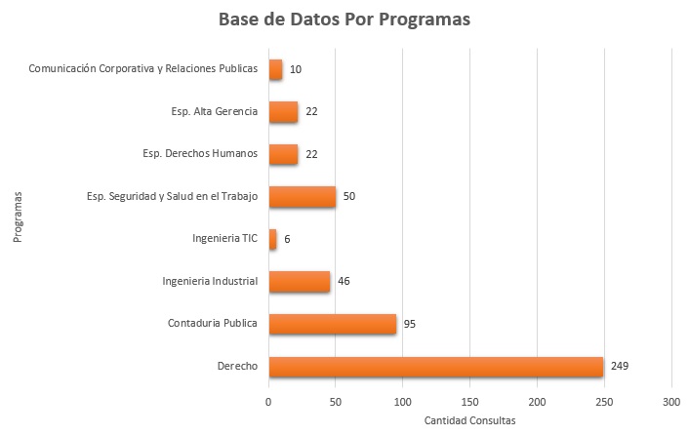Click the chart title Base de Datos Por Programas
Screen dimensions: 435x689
[344, 20]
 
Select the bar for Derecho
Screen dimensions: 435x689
[436, 367]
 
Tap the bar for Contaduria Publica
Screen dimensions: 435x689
[332, 324]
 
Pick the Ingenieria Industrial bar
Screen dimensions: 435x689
[299, 281]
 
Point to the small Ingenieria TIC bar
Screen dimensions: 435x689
[272, 239]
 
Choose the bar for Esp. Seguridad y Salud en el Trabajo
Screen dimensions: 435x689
[302, 196]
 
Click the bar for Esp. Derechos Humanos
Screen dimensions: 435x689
[283, 154]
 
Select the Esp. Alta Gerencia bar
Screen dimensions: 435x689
[283, 111]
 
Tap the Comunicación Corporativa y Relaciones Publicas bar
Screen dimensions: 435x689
[275, 69]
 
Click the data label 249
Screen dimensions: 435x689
[621, 367]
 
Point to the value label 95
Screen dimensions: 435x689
[410, 324]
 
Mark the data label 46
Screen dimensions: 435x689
[344, 281]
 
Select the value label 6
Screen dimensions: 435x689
[287, 239]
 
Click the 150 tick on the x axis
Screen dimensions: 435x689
[470, 401]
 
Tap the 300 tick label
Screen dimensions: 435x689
[670, 401]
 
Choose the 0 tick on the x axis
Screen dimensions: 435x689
[268, 401]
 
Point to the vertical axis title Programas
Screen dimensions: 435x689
[19, 217]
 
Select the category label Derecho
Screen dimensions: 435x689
[238, 367]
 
